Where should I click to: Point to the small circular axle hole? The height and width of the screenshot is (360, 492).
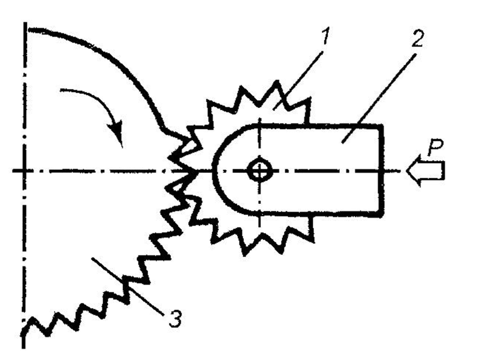(x=260, y=170)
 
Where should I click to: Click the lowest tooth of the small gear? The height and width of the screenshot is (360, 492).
(x=245, y=253)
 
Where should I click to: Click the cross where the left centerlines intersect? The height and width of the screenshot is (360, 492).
(x=24, y=170)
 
